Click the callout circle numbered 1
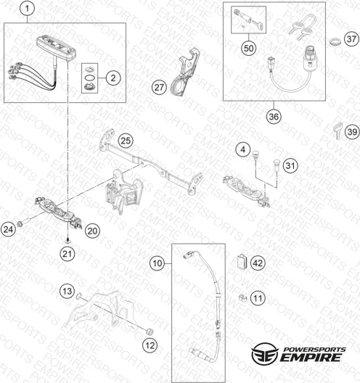(27, 9)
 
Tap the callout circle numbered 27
(159, 87)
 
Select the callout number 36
(274, 116)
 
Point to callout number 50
(249, 48)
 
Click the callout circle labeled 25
(126, 141)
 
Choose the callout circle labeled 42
(258, 263)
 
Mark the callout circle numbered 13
(67, 291)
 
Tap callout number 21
(67, 254)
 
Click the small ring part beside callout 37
(335, 41)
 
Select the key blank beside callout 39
(337, 131)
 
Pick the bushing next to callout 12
(149, 332)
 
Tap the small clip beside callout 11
(242, 298)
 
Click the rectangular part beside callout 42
(242, 262)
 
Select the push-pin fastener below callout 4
(255, 155)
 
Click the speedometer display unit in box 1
(56, 49)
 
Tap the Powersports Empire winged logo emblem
(265, 353)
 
